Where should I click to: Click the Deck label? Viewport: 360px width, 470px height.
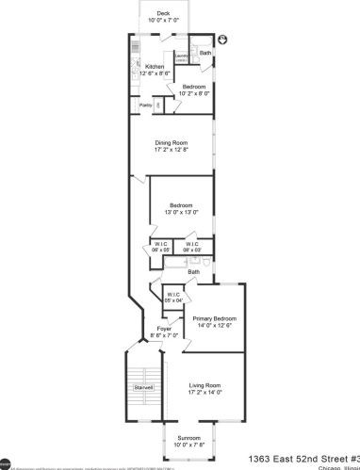tap(164, 13)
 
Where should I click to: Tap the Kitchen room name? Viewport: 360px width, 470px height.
tap(155, 66)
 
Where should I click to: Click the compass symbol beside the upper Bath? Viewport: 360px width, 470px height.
tap(224, 40)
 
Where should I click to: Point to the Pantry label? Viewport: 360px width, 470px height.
tap(146, 105)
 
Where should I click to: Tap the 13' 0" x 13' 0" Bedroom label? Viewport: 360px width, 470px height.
tap(181, 205)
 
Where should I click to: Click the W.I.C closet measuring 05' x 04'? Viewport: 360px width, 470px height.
tap(172, 296)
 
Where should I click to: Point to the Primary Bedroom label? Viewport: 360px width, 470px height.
tap(214, 319)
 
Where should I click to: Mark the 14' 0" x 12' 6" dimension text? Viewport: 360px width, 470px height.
tap(214, 327)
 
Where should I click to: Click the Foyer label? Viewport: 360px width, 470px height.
tap(165, 328)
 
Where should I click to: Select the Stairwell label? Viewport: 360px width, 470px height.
tap(142, 386)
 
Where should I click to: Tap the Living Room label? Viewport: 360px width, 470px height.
tap(205, 385)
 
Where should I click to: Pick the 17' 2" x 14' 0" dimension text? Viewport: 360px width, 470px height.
tap(205, 393)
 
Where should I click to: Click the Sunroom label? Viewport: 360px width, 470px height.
tap(189, 437)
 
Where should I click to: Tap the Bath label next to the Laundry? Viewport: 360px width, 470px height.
tap(205, 53)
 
